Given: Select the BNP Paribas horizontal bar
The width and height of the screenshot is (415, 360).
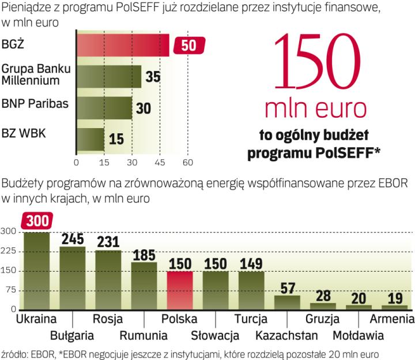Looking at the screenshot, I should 104,107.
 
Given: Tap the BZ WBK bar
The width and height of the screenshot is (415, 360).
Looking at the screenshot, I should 90,139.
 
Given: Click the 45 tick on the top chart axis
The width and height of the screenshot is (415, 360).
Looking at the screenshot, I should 160,163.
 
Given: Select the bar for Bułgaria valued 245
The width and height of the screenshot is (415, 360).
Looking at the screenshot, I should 72,278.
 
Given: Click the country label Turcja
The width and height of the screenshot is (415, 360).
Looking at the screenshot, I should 252,319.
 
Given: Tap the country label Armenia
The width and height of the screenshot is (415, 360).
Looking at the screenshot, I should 393,319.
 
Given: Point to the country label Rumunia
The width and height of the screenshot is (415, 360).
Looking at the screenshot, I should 144,335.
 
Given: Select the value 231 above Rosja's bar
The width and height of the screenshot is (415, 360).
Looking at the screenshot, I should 108,241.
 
